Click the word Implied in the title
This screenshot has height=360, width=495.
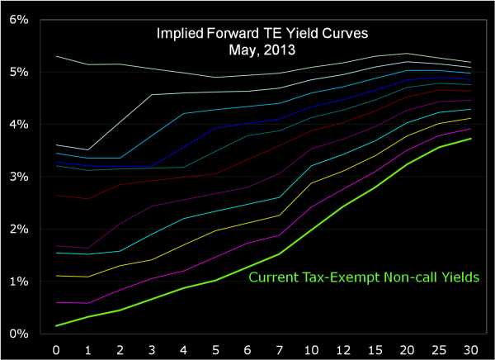(179, 35)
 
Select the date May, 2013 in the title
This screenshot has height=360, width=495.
(262, 50)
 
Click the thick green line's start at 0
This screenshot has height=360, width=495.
(57, 325)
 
